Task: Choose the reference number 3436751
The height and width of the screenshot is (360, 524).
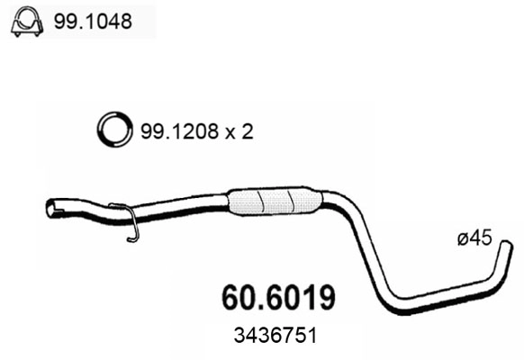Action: [276, 334]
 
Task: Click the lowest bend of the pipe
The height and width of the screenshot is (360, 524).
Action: [396, 305]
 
